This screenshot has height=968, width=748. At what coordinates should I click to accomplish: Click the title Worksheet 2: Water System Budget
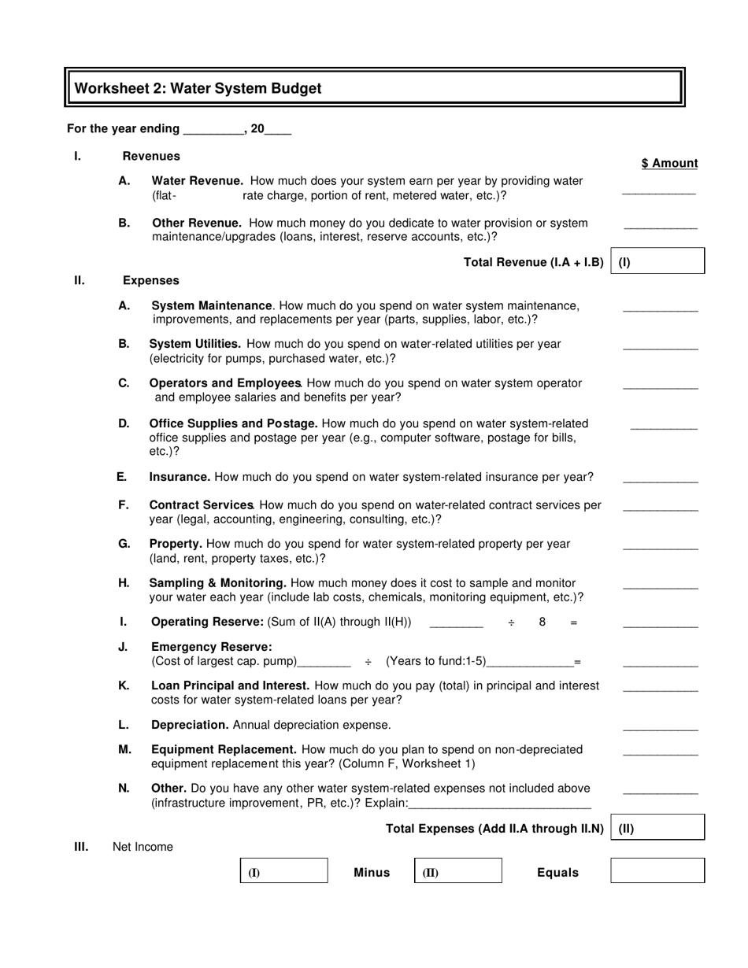[198, 89]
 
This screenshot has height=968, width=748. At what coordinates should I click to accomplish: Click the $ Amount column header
[669, 163]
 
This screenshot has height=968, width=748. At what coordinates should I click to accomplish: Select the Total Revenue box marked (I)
[657, 262]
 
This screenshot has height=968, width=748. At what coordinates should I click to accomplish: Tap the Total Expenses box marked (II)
[657, 828]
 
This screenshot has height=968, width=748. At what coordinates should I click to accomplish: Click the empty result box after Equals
[657, 871]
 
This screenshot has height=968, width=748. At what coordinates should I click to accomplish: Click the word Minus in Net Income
[372, 872]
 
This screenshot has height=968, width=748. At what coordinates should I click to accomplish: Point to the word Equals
[557, 872]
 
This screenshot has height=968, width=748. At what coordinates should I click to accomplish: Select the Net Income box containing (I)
[283, 871]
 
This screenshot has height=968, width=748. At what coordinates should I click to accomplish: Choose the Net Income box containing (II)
[458, 871]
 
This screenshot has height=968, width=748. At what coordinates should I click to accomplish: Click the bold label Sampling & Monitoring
[217, 582]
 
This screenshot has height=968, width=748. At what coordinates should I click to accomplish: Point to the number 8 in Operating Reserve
[542, 622]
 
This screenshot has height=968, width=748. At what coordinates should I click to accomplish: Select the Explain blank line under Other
[500, 804]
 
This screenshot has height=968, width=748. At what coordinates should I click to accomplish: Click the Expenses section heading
[150, 280]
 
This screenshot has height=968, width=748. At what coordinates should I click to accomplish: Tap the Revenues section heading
[151, 156]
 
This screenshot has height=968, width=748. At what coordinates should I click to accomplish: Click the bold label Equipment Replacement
[224, 749]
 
